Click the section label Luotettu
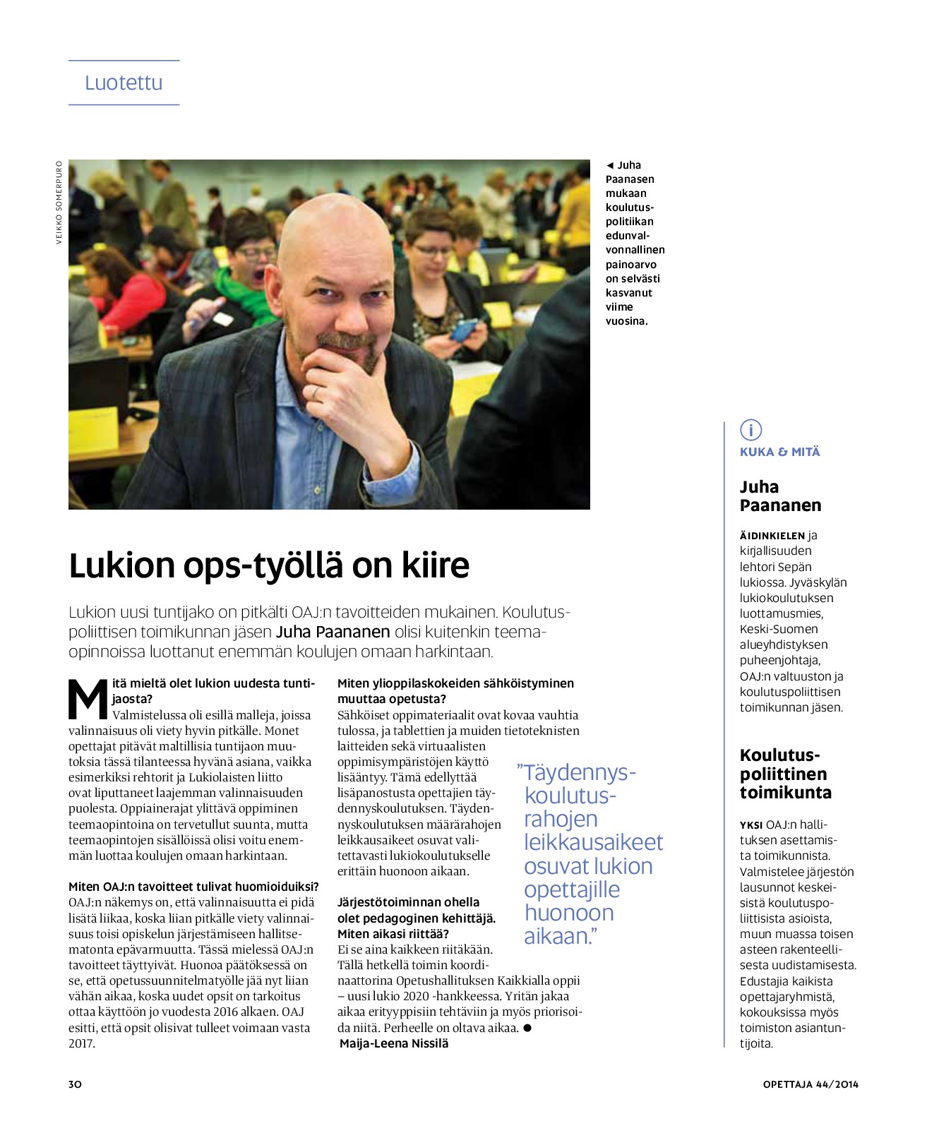tap(124, 83)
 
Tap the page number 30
tap(75, 1084)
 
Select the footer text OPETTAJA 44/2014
tap(811, 1084)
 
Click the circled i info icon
tap(750, 429)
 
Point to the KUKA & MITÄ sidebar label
tap(779, 452)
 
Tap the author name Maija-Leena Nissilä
tap(394, 1043)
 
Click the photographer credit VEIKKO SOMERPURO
tap(59, 203)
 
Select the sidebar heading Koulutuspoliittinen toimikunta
tap(784, 774)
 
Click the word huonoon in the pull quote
tap(569, 913)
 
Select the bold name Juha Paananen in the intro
tap(333, 632)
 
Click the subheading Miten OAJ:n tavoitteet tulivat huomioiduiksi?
tap(193, 887)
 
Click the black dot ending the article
tap(527, 1028)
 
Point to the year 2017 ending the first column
tap(82, 1043)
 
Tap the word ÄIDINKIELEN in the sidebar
tap(772, 536)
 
